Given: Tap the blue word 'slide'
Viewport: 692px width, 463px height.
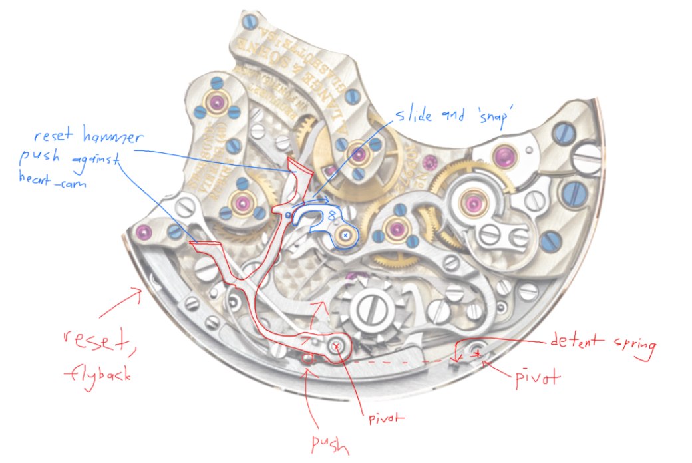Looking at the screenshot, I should pos(416,114).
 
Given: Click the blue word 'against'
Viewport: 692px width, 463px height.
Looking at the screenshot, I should pos(96,160).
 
